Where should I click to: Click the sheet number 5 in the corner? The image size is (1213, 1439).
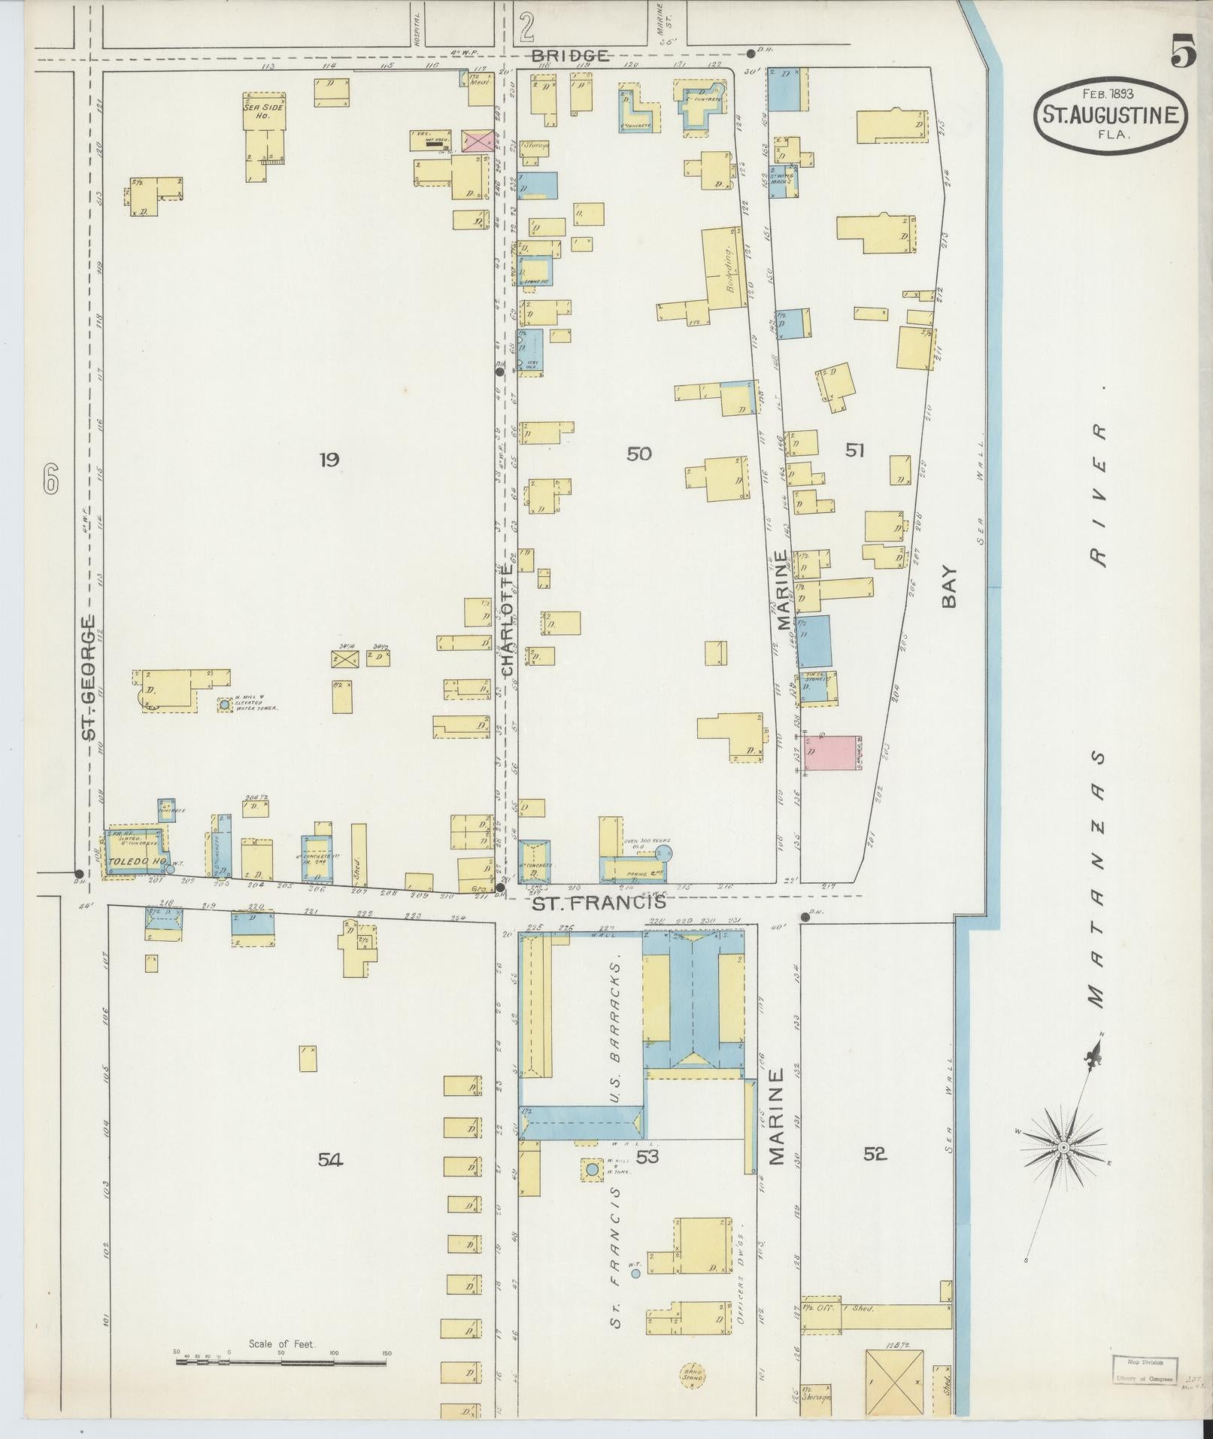tap(1184, 53)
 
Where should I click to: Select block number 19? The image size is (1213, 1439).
tap(329, 459)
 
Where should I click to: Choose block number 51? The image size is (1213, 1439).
tap(854, 451)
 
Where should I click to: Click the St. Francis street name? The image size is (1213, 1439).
tap(599, 902)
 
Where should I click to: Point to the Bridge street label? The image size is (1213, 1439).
tap(569, 56)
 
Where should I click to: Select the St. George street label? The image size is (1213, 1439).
tap(89, 676)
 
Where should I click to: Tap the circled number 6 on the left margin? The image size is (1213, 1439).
tap(50, 479)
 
